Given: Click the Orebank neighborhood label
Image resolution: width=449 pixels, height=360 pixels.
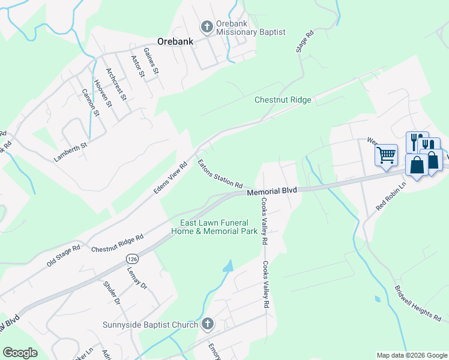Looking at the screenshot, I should pos(174,41).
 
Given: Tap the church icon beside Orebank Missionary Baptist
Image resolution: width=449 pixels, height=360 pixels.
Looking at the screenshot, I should pos(206,26).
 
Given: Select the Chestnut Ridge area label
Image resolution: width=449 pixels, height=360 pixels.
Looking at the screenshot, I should pos(283,100).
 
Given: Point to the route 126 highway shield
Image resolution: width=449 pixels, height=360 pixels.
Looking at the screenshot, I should pos(133,258).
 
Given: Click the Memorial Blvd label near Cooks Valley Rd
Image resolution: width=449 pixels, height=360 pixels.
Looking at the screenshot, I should pos(272,191).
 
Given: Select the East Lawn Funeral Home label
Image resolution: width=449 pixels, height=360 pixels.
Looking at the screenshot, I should pos(214,226).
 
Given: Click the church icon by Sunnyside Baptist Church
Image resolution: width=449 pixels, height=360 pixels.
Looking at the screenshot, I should pos(207,325).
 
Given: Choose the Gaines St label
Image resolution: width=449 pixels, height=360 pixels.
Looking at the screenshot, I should pos(151,62).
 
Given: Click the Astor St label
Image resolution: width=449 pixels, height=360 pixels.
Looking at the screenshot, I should pos(138,67).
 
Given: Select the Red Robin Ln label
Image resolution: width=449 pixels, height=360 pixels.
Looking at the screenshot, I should pos(391,196).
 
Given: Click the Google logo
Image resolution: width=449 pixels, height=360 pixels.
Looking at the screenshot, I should pos(20,353).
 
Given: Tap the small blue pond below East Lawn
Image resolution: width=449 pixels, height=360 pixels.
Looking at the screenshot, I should pos(228,266).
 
